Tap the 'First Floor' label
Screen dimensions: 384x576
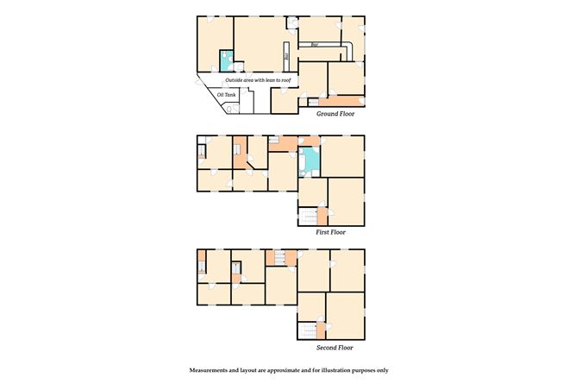tap(335, 232)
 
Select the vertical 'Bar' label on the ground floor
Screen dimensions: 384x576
tap(286, 57)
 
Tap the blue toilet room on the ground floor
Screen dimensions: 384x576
tap(225, 60)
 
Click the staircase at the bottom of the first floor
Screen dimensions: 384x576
tap(307, 216)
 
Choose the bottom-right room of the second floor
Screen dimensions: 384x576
tap(346, 316)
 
